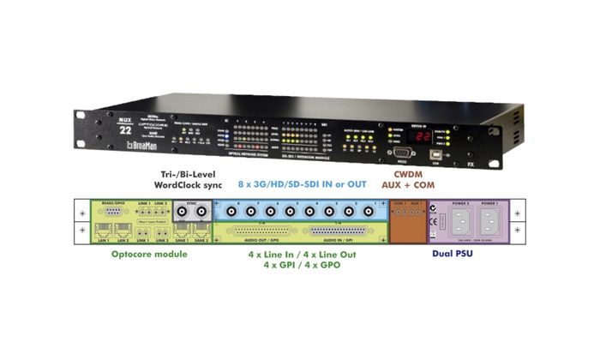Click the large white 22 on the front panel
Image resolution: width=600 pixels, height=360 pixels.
125,129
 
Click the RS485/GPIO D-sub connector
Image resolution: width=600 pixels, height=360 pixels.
109,211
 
